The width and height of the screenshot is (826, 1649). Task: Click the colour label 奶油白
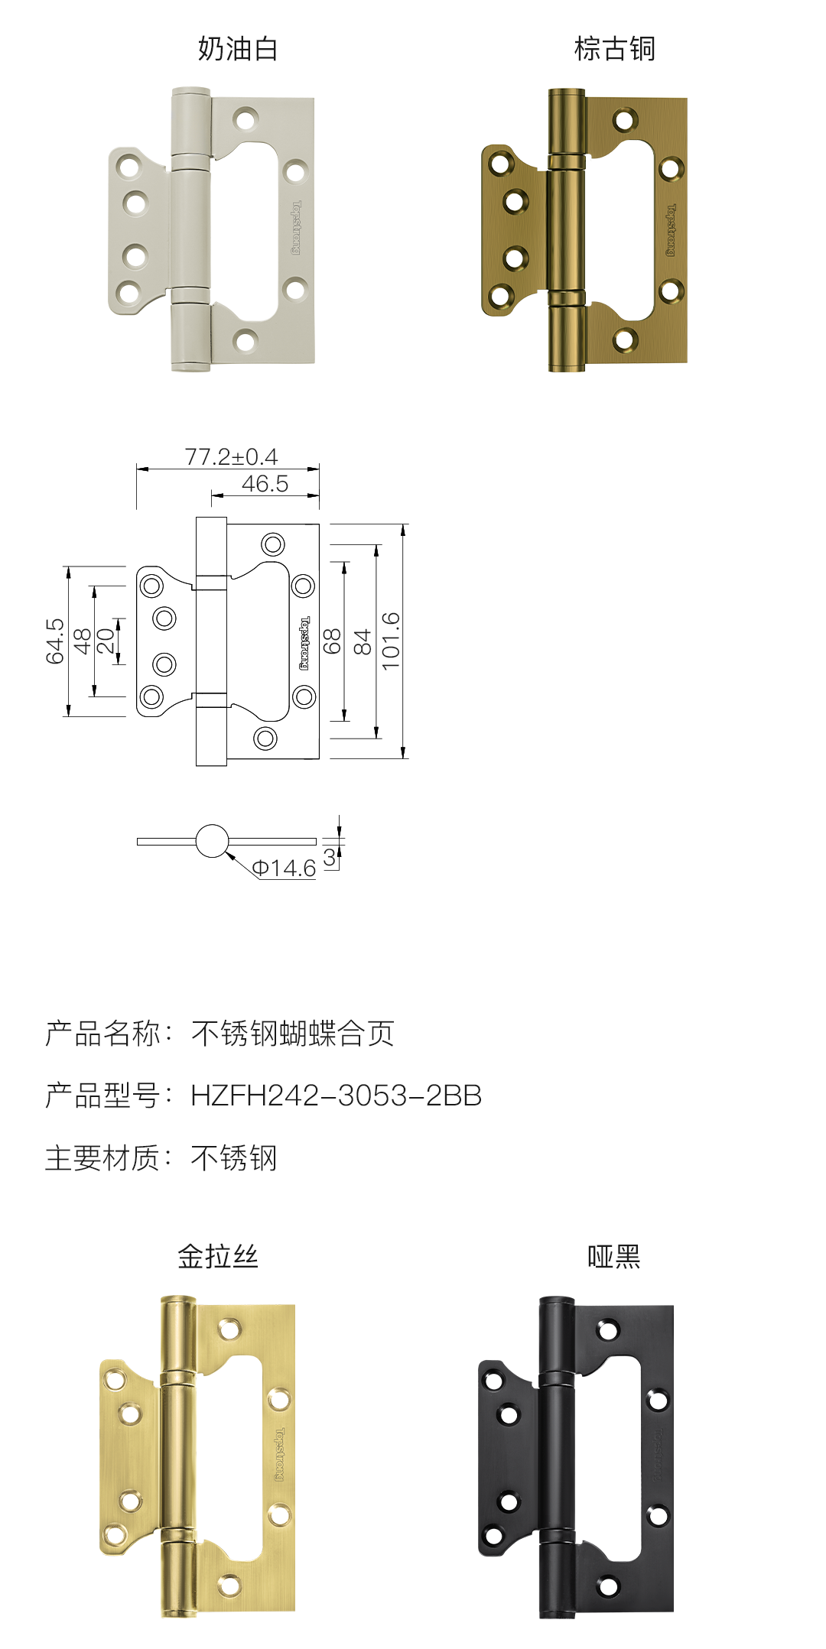[x=238, y=49]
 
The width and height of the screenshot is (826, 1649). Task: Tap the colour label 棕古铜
[x=615, y=49]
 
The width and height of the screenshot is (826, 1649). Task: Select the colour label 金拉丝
[x=218, y=1256]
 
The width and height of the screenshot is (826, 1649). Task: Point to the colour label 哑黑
[x=614, y=1256]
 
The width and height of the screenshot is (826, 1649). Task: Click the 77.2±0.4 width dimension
[x=231, y=457]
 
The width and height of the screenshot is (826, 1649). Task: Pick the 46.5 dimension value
[x=265, y=484]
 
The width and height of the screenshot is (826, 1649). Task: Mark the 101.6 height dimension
[x=391, y=641]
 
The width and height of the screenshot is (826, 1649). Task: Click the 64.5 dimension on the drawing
[x=54, y=641]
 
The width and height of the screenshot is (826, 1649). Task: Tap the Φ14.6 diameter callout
[x=284, y=868]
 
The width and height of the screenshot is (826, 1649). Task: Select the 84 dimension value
[x=362, y=641]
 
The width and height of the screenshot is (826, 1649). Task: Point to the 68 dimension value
[x=332, y=641]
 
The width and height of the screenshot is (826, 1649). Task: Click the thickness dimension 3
[x=329, y=858]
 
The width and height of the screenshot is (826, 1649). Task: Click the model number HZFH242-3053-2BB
[x=336, y=1096]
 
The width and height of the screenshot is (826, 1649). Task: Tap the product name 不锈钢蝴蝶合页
[x=292, y=1034]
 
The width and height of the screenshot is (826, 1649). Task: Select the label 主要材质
[x=102, y=1158]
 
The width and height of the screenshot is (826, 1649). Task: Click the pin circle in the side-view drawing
[x=212, y=841]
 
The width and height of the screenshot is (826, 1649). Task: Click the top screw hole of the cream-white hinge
[x=246, y=119]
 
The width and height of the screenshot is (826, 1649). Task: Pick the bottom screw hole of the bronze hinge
[x=625, y=340]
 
